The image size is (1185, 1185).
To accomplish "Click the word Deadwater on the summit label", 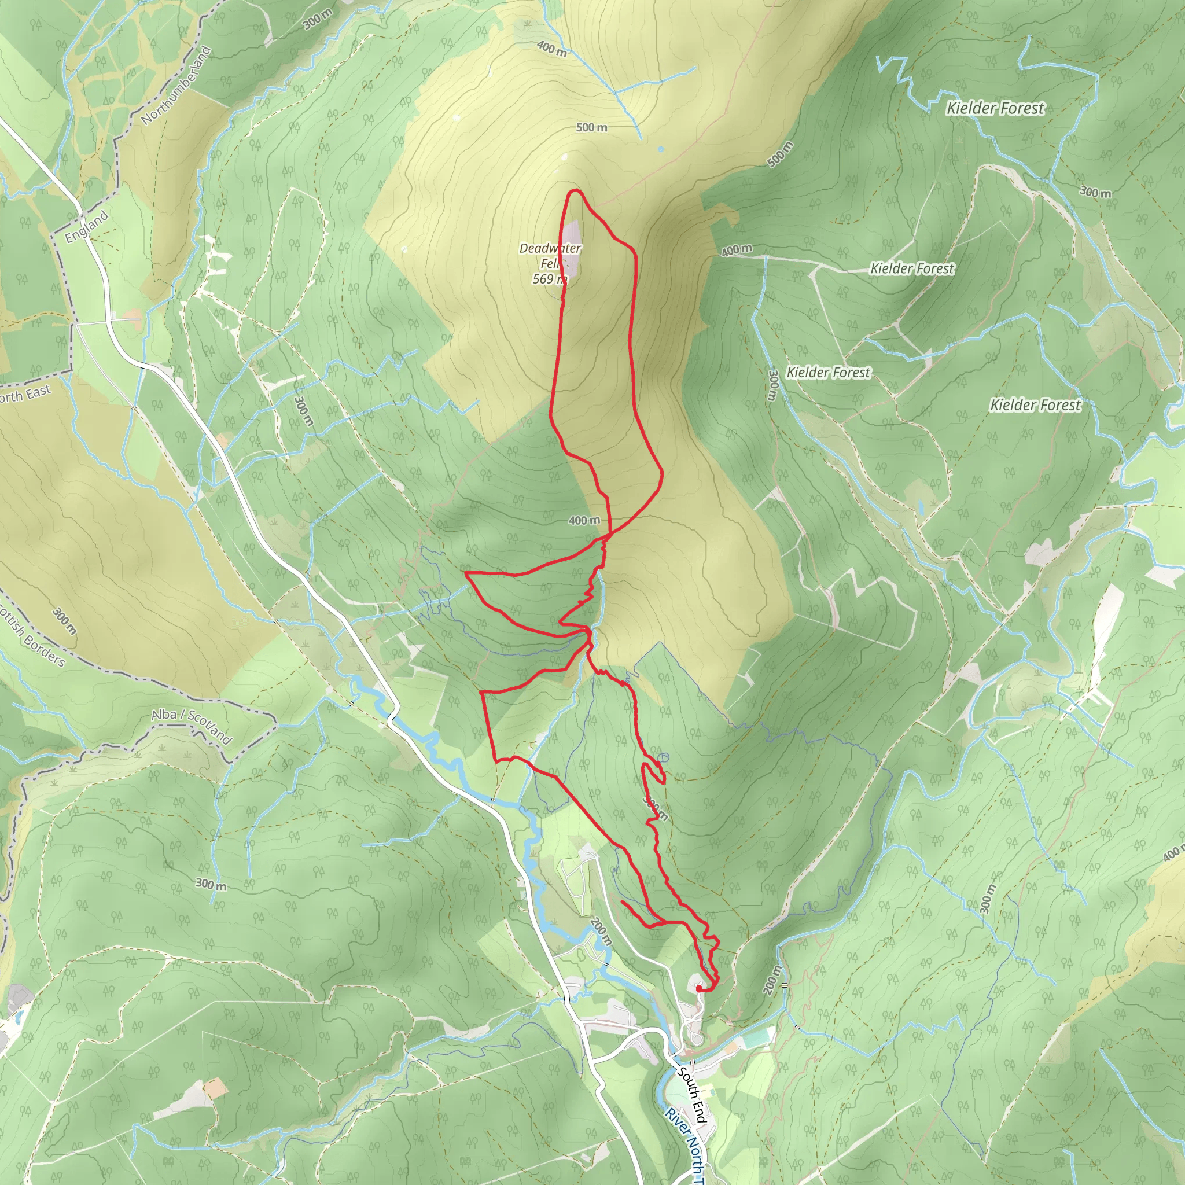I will coord(550,248).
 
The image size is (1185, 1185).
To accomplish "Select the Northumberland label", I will coord(176,86).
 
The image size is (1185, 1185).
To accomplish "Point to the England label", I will coord(87,226).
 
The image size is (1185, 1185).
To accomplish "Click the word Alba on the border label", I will coord(164,715).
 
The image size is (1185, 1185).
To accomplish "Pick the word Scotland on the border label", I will coord(210,728).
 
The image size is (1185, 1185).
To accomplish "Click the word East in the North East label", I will coord(38,392).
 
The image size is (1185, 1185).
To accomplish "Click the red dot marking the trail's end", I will coord(699,988).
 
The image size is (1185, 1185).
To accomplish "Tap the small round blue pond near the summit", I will coord(661,149).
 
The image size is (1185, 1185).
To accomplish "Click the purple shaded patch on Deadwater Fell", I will coord(571,245).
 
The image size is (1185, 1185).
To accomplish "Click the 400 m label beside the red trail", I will coord(584,521).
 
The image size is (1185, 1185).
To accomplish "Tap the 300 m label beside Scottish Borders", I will coord(64,621).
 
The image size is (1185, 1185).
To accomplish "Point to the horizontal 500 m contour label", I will coord(591,127).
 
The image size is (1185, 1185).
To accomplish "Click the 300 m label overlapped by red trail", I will coord(655,808).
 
